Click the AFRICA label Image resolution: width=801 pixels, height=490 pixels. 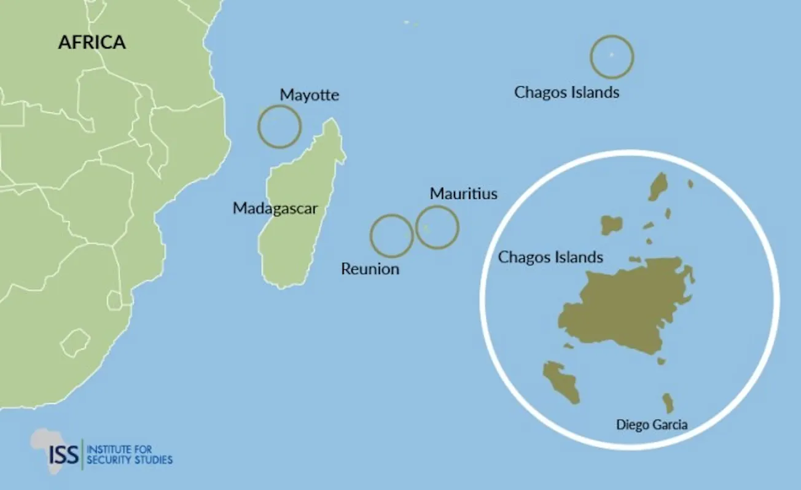[x=92, y=42]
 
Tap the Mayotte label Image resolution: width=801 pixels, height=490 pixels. [x=309, y=95]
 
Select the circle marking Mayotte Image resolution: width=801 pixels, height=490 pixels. [x=279, y=126]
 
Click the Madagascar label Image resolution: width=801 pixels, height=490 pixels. [x=275, y=209]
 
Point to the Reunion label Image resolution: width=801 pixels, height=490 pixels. [x=370, y=269]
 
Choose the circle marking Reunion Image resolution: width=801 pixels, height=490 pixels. [x=391, y=236]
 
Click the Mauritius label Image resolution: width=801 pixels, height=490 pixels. [x=463, y=194]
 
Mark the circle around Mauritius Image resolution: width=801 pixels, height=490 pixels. [x=437, y=227]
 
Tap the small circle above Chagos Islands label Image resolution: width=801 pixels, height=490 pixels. [x=612, y=56]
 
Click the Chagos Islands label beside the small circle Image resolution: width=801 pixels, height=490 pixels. [x=566, y=93]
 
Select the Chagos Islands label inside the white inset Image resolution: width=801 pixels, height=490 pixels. [x=550, y=257]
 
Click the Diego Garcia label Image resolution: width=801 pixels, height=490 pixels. [x=651, y=424]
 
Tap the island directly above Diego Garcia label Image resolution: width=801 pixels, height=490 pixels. [x=668, y=403]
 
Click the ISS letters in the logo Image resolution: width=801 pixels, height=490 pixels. [x=64, y=454]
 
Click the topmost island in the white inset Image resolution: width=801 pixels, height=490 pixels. [x=658, y=186]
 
